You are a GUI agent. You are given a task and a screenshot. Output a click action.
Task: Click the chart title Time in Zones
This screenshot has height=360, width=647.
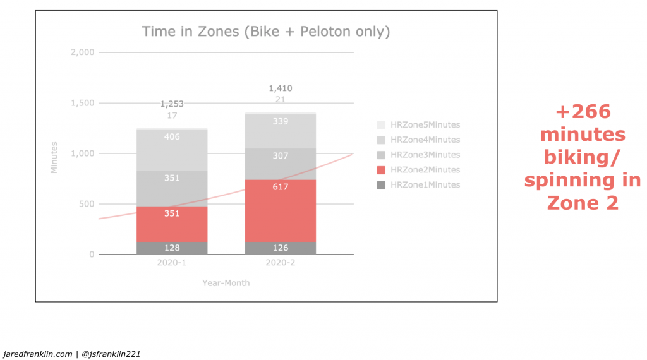tap(265, 32)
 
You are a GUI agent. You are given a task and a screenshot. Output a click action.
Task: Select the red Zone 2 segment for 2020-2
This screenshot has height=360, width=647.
tap(280, 211)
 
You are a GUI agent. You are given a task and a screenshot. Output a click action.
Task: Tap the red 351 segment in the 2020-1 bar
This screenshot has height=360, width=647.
tap(172, 224)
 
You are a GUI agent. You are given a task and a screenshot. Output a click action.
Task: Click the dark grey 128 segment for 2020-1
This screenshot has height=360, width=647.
tap(172, 248)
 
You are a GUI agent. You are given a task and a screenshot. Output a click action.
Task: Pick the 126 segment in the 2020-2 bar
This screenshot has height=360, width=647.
tap(280, 248)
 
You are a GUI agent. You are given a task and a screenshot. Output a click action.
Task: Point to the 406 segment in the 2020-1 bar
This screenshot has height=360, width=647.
tap(172, 150)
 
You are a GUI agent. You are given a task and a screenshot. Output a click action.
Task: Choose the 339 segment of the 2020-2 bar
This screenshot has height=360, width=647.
tap(280, 131)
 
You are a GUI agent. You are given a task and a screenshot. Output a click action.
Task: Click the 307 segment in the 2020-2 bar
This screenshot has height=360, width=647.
tap(280, 164)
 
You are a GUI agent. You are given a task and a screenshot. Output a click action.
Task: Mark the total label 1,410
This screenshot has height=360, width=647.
tap(281, 88)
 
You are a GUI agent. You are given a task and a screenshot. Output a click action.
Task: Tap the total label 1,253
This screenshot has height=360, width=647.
tap(172, 104)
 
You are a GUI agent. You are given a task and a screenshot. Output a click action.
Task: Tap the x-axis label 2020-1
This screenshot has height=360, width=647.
tap(172, 263)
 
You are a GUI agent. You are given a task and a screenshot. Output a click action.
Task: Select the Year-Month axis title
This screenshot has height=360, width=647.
tap(226, 283)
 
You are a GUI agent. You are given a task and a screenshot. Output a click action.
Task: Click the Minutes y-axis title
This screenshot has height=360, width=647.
tap(54, 157)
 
